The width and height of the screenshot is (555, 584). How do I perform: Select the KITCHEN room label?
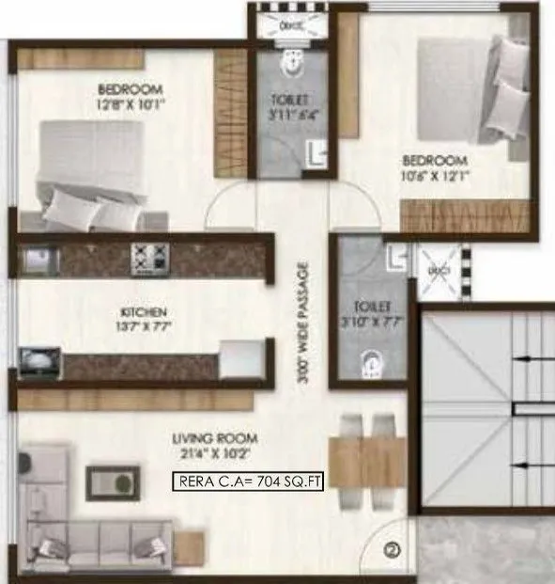coord(143,312)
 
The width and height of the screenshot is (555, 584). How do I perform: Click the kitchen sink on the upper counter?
coord(39,256)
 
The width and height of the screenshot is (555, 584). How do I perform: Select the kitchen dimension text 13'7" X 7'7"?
coord(143,328)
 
